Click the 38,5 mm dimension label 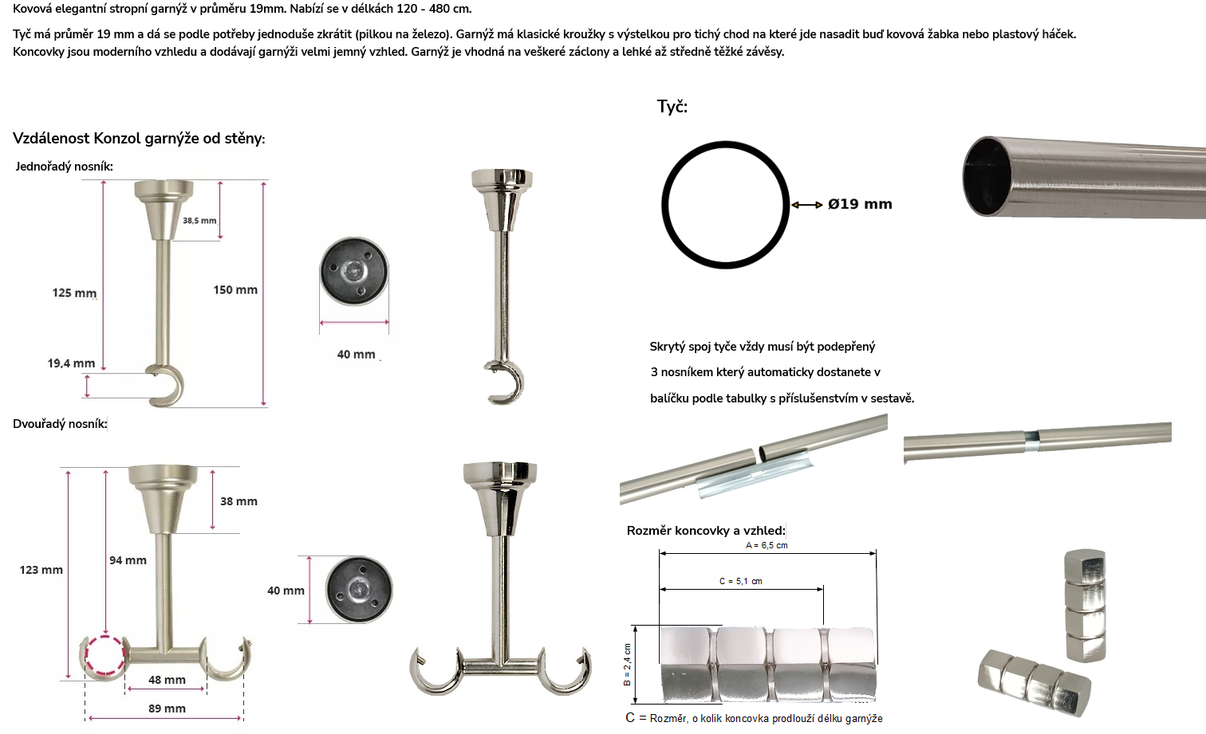(199, 221)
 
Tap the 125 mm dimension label (74, 292)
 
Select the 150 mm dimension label (235, 290)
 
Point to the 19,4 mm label (71, 363)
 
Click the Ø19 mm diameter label (860, 204)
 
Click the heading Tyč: (672, 107)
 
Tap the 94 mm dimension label (128, 560)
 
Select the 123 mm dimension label (41, 570)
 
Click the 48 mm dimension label (167, 680)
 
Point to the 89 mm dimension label (167, 708)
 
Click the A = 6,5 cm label (767, 545)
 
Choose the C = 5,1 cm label (741, 581)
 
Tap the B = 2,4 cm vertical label (627, 665)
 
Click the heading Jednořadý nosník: (64, 167)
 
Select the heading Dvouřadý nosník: (60, 424)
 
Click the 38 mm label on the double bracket (238, 501)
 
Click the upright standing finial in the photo (1086, 606)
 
